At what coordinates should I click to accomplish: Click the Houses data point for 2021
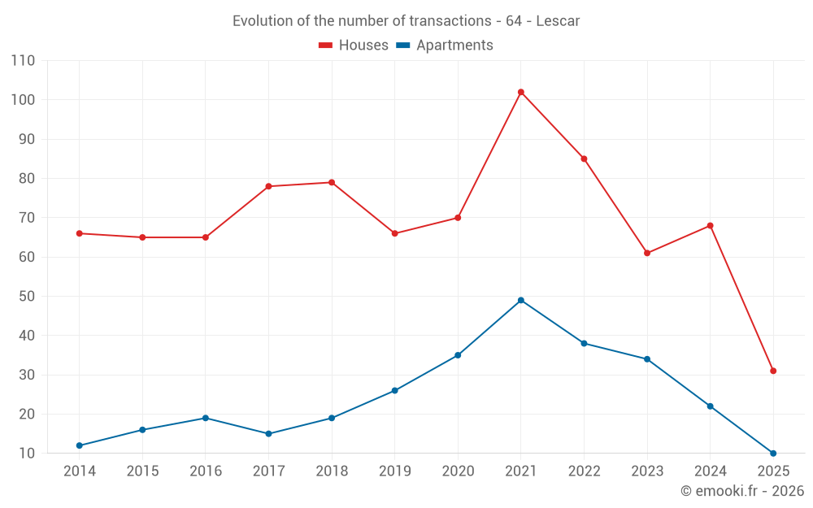521,92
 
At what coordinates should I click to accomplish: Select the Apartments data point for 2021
521,300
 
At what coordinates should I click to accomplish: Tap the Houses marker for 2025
773,371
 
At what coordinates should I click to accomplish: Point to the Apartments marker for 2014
80,445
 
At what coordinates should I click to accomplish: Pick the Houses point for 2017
268,186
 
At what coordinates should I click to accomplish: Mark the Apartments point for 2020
458,355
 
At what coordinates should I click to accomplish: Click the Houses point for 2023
647,253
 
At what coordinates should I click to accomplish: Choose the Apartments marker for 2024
710,406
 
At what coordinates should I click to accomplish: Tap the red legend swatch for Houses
325,46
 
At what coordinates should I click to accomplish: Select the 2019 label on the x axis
395,471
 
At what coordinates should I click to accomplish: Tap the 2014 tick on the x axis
80,471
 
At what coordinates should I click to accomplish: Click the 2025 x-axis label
773,471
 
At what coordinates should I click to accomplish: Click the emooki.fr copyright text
742,491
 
